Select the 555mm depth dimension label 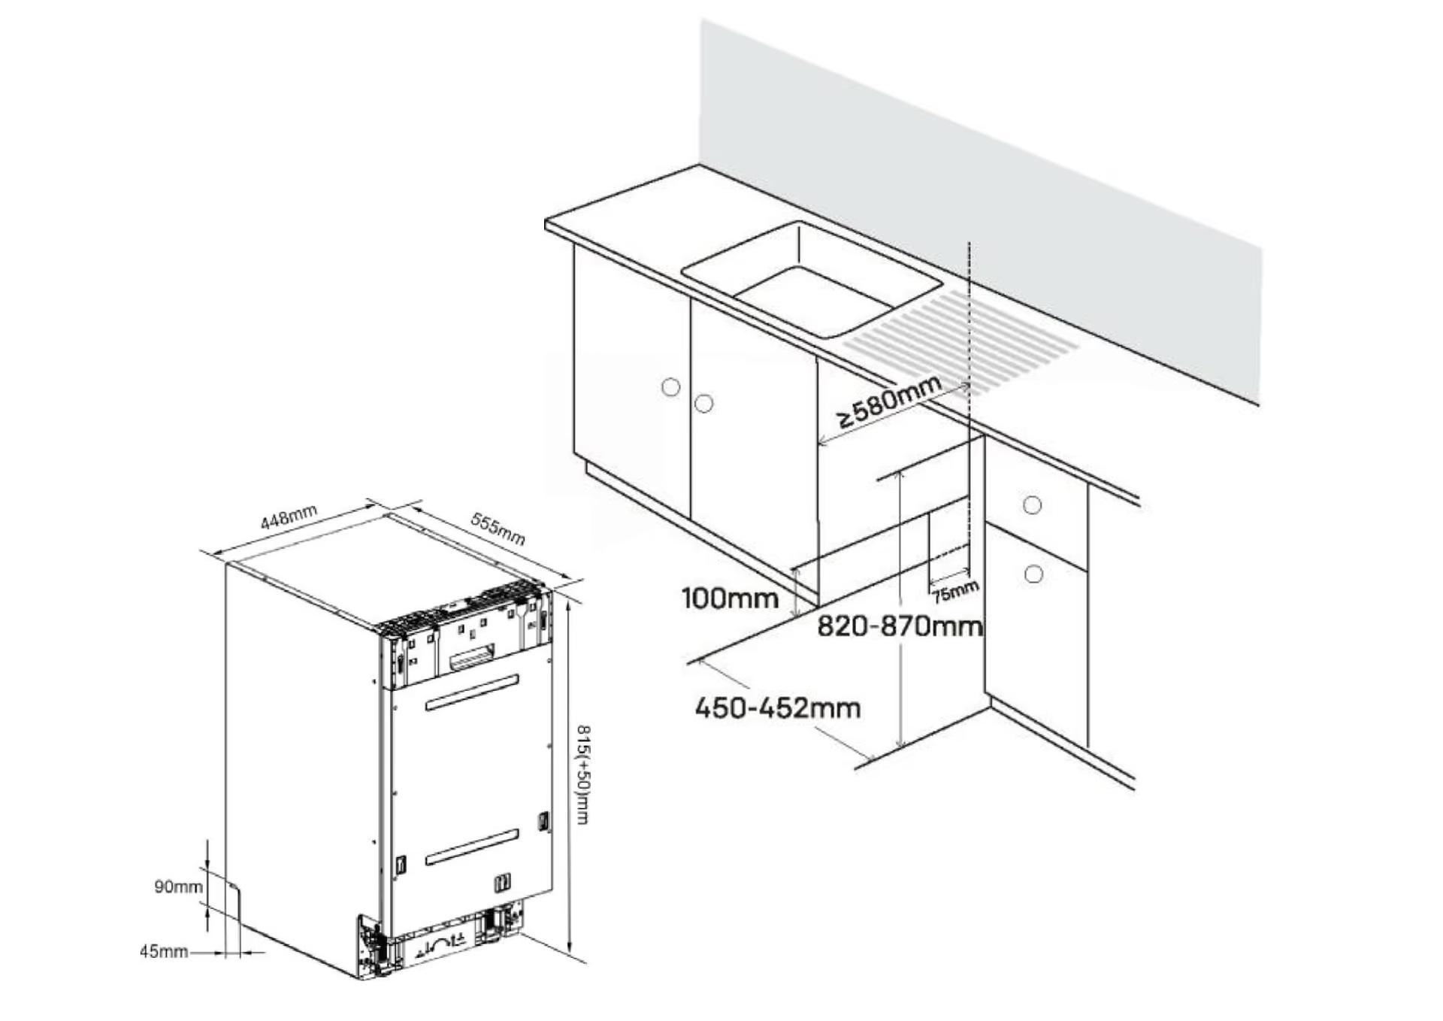(498, 529)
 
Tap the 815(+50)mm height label (582, 774)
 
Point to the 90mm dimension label (178, 887)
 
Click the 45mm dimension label (163, 952)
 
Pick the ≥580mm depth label (889, 401)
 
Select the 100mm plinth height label (730, 598)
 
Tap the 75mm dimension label (955, 592)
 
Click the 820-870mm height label (900, 626)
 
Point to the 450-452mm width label (778, 708)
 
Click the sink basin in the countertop (812, 280)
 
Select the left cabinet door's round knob (670, 387)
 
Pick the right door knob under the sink (703, 404)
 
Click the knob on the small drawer (1032, 505)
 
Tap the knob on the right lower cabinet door (1033, 574)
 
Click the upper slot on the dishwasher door (472, 692)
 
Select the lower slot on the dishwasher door (472, 847)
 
